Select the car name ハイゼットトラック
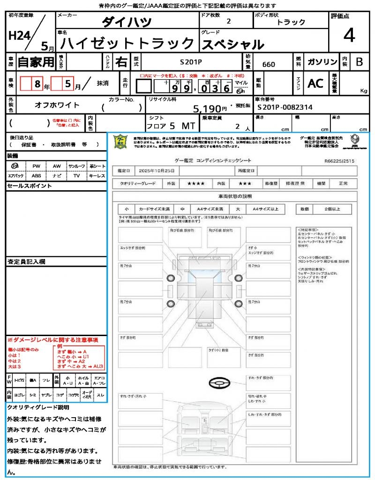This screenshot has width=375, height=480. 128,44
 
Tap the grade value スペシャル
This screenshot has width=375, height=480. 233,45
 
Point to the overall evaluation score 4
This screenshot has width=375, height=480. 348,36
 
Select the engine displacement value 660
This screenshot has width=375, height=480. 269,65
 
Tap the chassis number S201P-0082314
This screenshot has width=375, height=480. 285,107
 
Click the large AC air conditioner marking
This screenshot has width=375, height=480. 315,83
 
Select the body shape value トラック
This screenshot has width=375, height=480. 291,22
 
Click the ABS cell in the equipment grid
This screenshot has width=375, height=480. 36,176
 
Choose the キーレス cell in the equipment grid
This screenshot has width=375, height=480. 97,176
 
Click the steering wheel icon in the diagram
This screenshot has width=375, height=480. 218,383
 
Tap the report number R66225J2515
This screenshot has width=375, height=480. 339,160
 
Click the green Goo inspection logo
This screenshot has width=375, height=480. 121,141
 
